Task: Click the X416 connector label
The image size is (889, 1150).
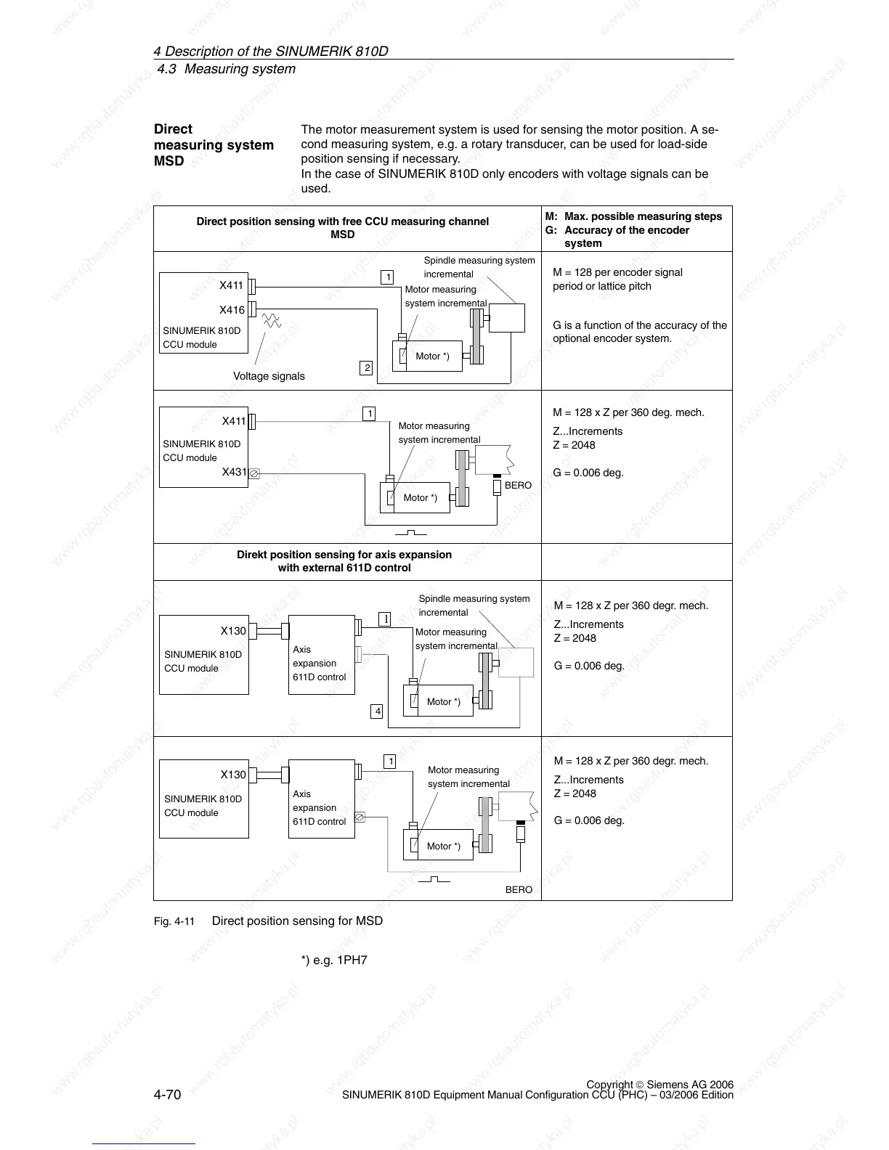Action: [x=232, y=310]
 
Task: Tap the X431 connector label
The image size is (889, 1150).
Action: [x=234, y=472]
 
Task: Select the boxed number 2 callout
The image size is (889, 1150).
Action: [x=367, y=368]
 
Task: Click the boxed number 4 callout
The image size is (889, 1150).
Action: [x=377, y=711]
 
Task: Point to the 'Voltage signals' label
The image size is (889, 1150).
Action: [x=269, y=376]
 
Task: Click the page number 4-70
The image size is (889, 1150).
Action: [x=167, y=1094]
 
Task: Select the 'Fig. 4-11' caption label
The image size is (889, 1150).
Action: [x=174, y=921]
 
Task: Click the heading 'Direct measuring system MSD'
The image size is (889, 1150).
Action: [x=214, y=144]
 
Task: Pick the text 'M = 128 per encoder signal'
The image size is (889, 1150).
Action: [x=617, y=272]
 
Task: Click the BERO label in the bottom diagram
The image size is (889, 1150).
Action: [x=519, y=889]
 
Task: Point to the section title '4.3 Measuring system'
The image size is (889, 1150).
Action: [x=227, y=69]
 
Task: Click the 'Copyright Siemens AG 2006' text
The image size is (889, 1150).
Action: [x=659, y=1085]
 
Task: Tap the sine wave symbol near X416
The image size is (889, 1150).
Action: [x=272, y=320]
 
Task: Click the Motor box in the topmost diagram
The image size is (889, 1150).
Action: [x=433, y=356]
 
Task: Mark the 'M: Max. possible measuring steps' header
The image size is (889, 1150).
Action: [x=634, y=216]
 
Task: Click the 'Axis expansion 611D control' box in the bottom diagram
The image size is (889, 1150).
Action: [x=321, y=799]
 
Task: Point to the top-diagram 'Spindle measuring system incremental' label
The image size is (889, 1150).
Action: [x=479, y=267]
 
